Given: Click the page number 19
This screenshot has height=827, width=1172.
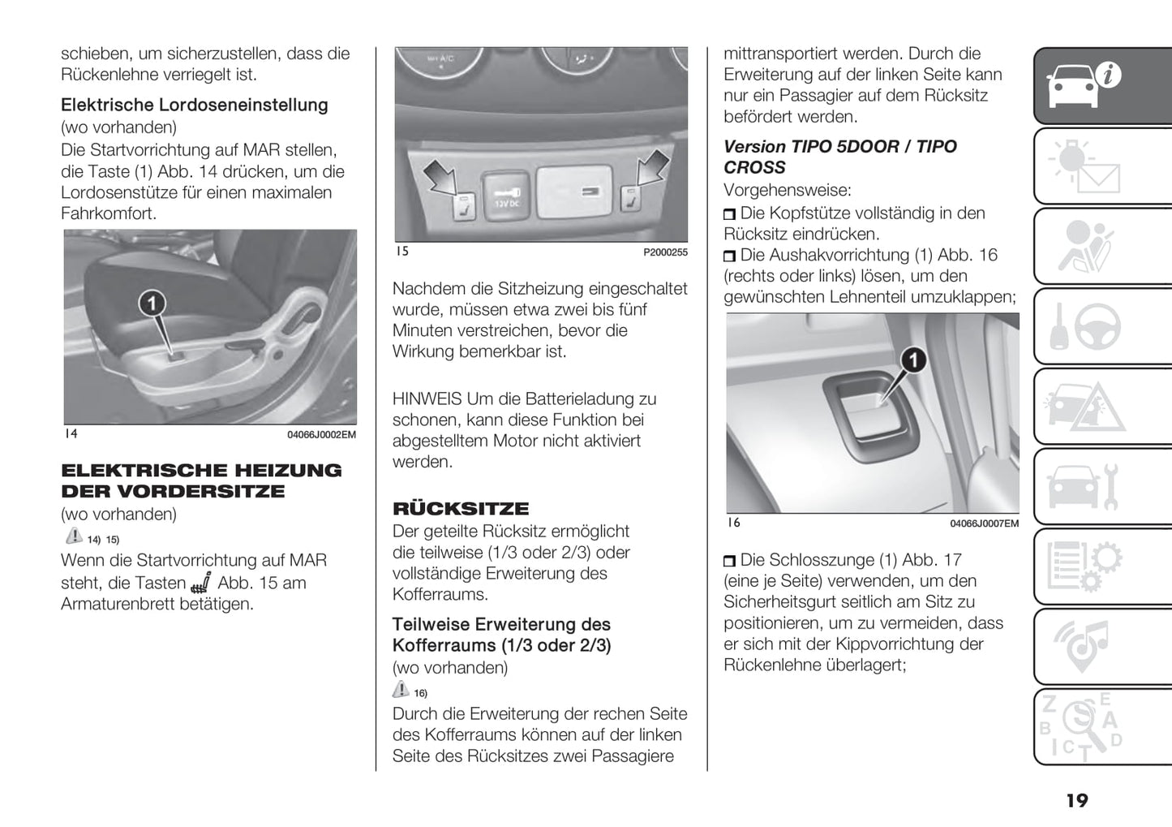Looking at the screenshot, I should (1076, 801).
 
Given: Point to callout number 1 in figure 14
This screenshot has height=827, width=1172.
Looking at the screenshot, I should (152, 304).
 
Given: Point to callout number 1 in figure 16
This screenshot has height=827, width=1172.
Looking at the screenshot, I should (914, 359).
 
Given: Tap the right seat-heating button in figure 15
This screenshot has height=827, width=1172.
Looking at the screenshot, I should (628, 200).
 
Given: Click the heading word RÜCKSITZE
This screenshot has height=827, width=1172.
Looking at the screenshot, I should (461, 509).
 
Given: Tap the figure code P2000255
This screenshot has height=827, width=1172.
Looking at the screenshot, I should (665, 252).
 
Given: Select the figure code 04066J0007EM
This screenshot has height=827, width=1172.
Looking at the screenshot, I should (984, 524).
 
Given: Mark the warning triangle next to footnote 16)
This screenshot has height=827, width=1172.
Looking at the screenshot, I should (401, 690).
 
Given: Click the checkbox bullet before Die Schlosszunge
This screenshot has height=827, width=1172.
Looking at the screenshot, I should (730, 561).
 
